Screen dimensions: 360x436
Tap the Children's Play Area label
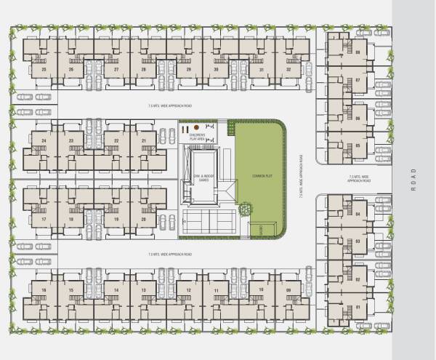[x=198, y=136]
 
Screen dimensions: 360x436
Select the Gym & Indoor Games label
[x=198, y=179]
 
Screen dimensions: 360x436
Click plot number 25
[x=44, y=70]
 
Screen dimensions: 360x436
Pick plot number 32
[x=288, y=70]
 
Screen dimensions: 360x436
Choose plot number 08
[x=358, y=52]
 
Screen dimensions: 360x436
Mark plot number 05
[x=358, y=145]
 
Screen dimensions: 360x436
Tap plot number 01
[x=358, y=306]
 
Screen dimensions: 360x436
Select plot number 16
[x=44, y=290]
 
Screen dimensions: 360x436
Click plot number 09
[x=288, y=290]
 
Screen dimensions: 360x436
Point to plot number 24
[x=44, y=140]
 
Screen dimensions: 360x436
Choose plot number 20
[x=143, y=218]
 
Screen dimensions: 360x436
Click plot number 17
[x=44, y=218]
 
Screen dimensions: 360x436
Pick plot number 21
[x=143, y=140]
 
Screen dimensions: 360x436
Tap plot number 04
[x=358, y=213]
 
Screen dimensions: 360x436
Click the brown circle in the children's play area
[x=196, y=127]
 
